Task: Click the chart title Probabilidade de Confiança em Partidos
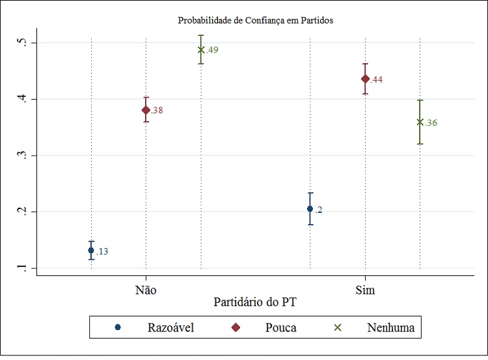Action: point(255,21)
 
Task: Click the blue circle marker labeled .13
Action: point(91,250)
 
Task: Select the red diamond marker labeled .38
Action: point(146,110)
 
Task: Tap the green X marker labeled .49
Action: point(201,49)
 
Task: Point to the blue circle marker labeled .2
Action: point(310,209)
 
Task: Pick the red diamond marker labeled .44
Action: point(365,79)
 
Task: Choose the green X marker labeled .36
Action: point(420,122)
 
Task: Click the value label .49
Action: point(213,50)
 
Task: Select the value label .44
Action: point(376,80)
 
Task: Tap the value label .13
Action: point(102,251)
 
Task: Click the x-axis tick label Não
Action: point(146,290)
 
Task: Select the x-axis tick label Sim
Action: point(365,290)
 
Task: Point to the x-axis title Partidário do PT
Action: point(255,303)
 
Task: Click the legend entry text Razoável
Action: point(170,327)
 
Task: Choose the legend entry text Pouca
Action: point(280,327)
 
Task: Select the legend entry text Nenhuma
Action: point(390,327)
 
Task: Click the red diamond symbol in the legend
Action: point(236,327)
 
